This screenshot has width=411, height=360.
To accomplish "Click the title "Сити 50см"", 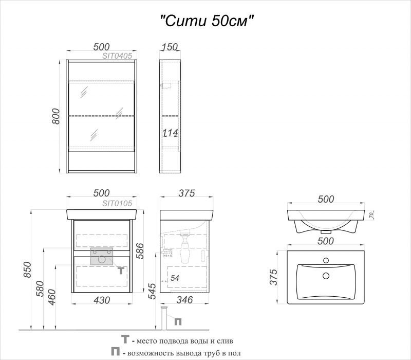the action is coord(207,21).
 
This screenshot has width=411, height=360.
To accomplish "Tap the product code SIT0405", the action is coord(117,56).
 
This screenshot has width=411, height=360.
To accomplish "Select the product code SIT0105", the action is coord(117,203).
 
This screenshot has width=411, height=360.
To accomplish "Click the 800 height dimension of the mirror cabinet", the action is coord(56,116).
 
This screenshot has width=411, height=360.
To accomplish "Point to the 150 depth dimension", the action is coord(170,47).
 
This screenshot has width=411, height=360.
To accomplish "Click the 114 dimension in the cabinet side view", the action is coord(170,133).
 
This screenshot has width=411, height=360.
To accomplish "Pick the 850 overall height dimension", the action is coord(27,269).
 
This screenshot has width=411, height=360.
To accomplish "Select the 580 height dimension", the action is coord(40,289).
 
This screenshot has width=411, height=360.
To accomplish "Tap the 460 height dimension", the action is coord(52,297).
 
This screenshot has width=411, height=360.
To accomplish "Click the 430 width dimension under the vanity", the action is coord(102,300).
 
